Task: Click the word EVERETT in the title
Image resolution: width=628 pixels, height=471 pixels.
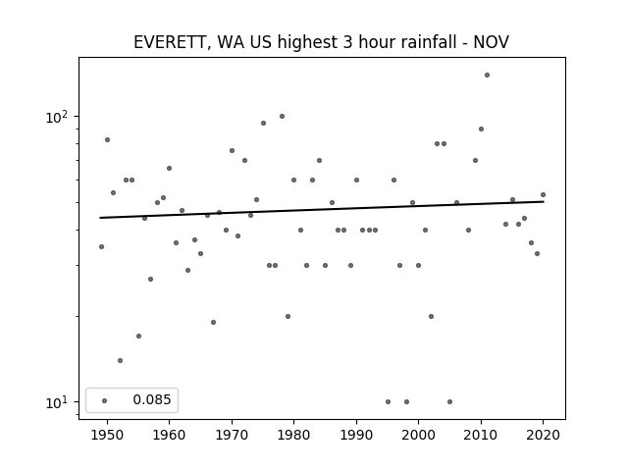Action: pyautogui.click(x=169, y=42)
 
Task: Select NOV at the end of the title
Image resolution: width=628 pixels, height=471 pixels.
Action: pyautogui.click(x=491, y=42)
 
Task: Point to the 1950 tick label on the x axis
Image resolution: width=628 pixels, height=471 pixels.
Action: pyautogui.click(x=107, y=435)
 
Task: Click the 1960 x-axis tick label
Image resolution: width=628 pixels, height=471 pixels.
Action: pyautogui.click(x=169, y=435)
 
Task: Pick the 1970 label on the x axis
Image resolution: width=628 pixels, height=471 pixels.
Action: pyautogui.click(x=232, y=435)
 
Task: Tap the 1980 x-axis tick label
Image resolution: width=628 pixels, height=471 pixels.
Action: pyautogui.click(x=293, y=435)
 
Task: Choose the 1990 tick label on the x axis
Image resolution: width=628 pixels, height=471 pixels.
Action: pyautogui.click(x=356, y=435)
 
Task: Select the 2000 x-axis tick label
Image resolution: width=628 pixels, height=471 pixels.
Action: pyautogui.click(x=419, y=435)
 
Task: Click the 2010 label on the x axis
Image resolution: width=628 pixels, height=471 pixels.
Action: pyautogui.click(x=481, y=435)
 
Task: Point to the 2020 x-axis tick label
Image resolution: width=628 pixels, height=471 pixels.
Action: pyautogui.click(x=543, y=435)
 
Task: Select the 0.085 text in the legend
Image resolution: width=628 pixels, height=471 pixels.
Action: pyautogui.click(x=152, y=399)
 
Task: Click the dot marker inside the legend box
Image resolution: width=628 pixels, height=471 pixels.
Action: pyautogui.click(x=105, y=400)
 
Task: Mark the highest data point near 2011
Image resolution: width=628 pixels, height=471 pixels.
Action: pyautogui.click(x=487, y=75)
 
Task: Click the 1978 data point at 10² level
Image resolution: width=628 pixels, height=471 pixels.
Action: pyautogui.click(x=282, y=116)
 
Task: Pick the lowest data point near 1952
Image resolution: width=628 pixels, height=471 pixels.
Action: pyautogui.click(x=120, y=360)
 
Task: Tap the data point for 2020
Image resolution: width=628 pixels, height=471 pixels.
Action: pyautogui.click(x=543, y=194)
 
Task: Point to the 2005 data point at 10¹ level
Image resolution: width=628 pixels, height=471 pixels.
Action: pyautogui.click(x=449, y=401)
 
